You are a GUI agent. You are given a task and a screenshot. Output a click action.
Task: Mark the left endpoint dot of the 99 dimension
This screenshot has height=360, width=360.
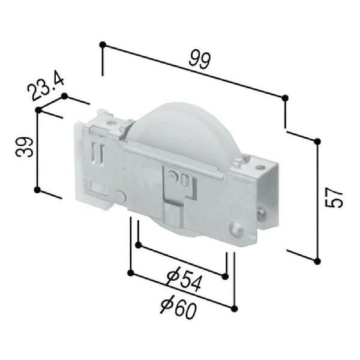pos(103,44)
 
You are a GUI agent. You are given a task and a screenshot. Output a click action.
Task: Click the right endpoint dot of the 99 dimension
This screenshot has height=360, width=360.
pos(285,97)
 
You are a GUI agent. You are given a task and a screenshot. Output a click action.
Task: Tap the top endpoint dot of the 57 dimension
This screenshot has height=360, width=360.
pos(317,141)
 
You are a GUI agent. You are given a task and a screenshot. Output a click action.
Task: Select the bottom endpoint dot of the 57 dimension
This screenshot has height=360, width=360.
pos(317,260)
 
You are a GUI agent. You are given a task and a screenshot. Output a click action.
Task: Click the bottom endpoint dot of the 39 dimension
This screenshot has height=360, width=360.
pos(37,190)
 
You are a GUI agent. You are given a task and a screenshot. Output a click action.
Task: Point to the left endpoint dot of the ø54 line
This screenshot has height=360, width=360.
pos(139,245)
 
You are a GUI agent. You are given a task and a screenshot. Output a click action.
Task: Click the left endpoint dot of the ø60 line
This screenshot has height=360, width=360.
pos(130,273)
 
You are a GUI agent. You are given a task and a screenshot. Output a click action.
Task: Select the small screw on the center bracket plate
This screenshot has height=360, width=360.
pos(173,176)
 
